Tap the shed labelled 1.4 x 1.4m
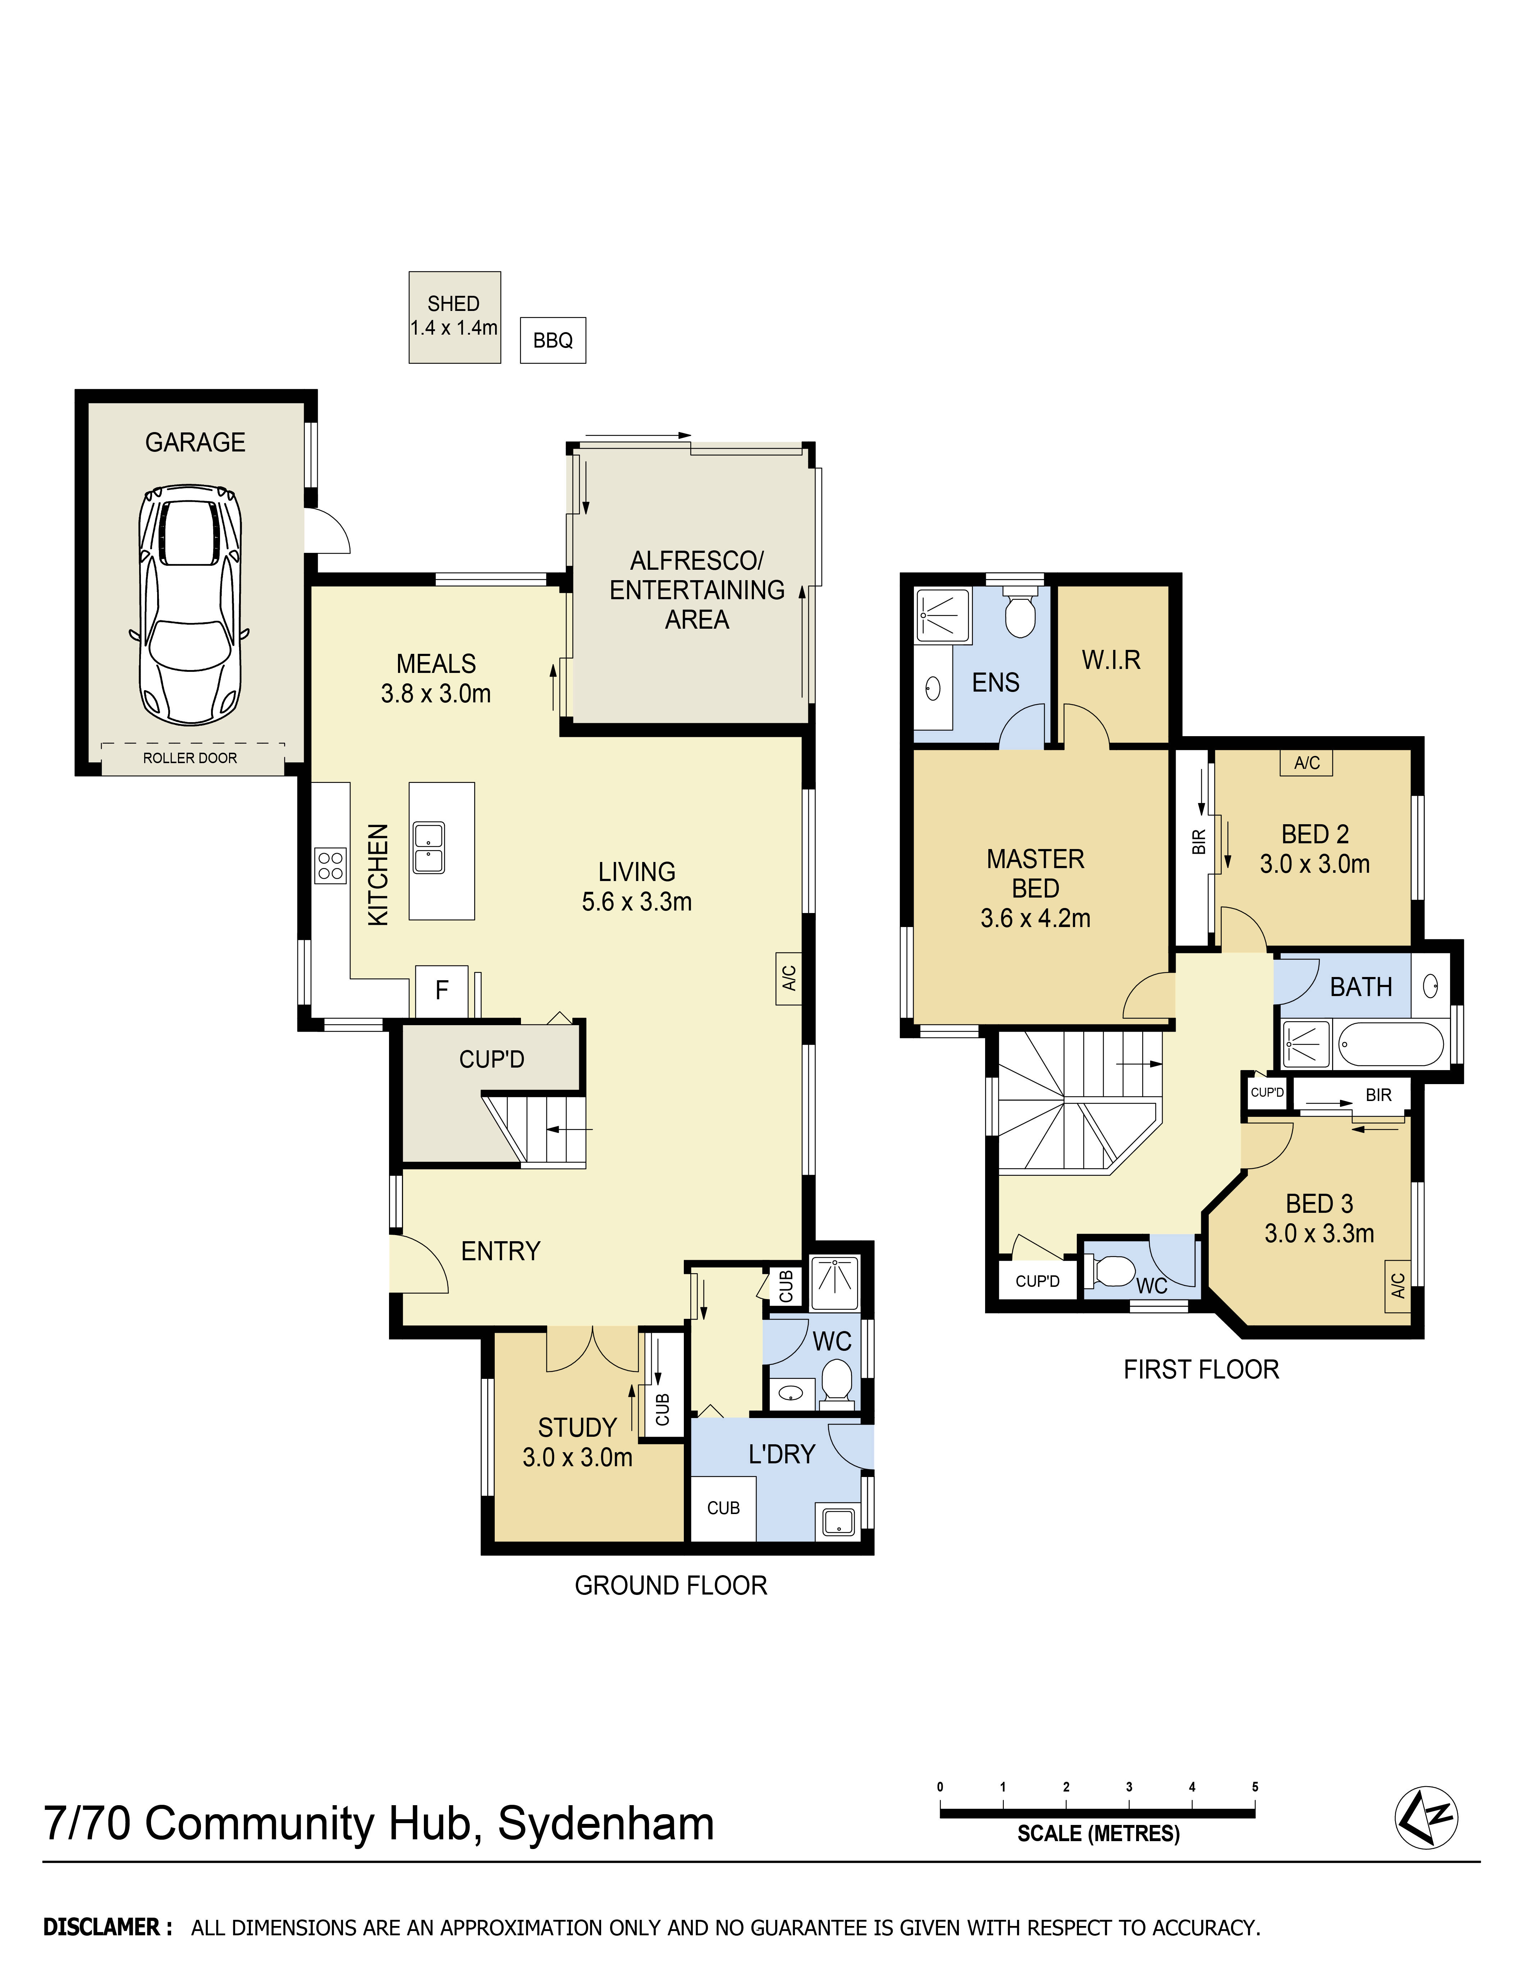pos(454,317)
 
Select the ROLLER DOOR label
pos(190,758)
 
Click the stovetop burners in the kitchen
pos(330,864)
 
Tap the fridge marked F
pos(442,990)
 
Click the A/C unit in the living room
pos(788,978)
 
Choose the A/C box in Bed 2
pos(1306,763)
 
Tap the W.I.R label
pos(1111,660)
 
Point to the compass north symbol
pos(1426,1817)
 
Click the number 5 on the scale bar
pos(1255,1787)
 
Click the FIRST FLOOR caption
pos(1201,1370)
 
